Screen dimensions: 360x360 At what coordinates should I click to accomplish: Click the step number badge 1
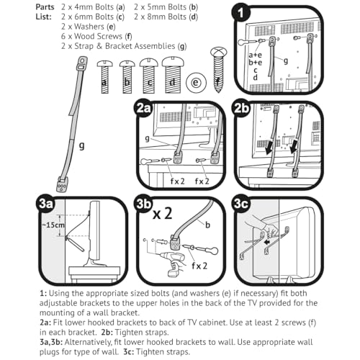point(240,13)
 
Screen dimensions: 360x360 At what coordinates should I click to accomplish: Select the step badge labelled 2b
point(241,109)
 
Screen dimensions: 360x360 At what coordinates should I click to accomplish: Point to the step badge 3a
point(45,204)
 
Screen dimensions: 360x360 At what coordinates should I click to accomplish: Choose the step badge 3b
point(144,204)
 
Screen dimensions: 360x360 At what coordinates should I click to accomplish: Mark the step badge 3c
point(241,204)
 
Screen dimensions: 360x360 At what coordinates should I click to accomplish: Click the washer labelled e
point(196,83)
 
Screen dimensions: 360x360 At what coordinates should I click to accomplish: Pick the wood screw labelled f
point(218,70)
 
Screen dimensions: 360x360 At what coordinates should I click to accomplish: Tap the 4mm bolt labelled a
point(104,77)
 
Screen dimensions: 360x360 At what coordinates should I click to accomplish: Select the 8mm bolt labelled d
point(173,75)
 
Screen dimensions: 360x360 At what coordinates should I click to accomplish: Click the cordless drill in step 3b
point(174,265)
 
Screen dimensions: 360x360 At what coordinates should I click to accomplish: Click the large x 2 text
point(163,214)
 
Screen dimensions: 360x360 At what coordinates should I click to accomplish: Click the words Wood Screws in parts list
point(98,36)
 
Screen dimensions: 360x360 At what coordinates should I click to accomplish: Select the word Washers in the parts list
point(89,27)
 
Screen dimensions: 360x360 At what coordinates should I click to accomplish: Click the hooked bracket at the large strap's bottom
point(62,184)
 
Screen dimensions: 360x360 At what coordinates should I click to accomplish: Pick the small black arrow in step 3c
point(266,243)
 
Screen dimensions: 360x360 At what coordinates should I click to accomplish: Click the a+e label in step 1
point(255,55)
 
